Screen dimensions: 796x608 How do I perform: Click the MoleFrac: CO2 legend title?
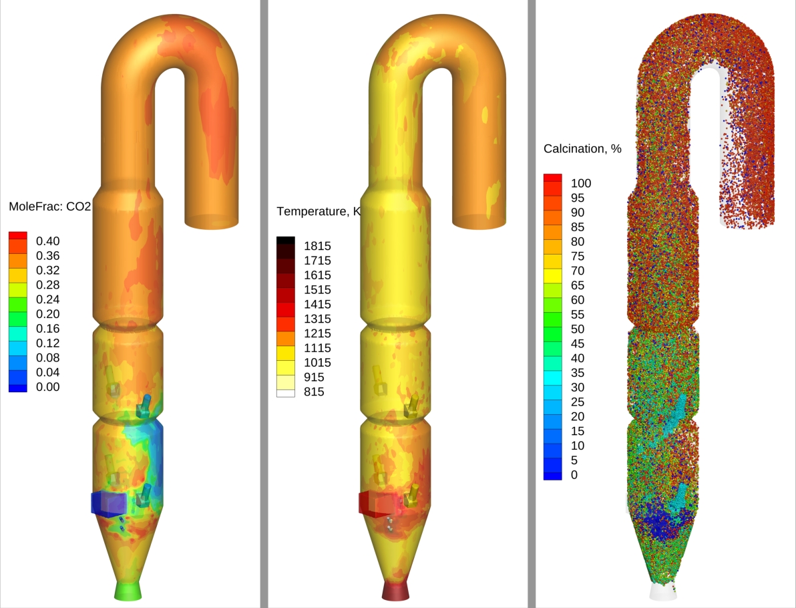click(49, 206)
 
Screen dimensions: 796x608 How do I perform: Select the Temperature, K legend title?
click(318, 211)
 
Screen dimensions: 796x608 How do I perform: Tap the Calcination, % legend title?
click(582, 149)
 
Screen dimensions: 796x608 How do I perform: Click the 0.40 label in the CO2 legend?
click(47, 241)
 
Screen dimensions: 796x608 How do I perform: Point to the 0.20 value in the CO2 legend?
click(47, 314)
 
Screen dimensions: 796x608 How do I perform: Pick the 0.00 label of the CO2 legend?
click(47, 387)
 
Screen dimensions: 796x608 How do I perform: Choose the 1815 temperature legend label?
click(317, 247)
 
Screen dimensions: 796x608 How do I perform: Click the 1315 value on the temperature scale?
click(317, 319)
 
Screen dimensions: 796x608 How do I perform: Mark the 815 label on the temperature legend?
click(314, 392)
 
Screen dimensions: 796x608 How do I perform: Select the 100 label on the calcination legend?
click(581, 183)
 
